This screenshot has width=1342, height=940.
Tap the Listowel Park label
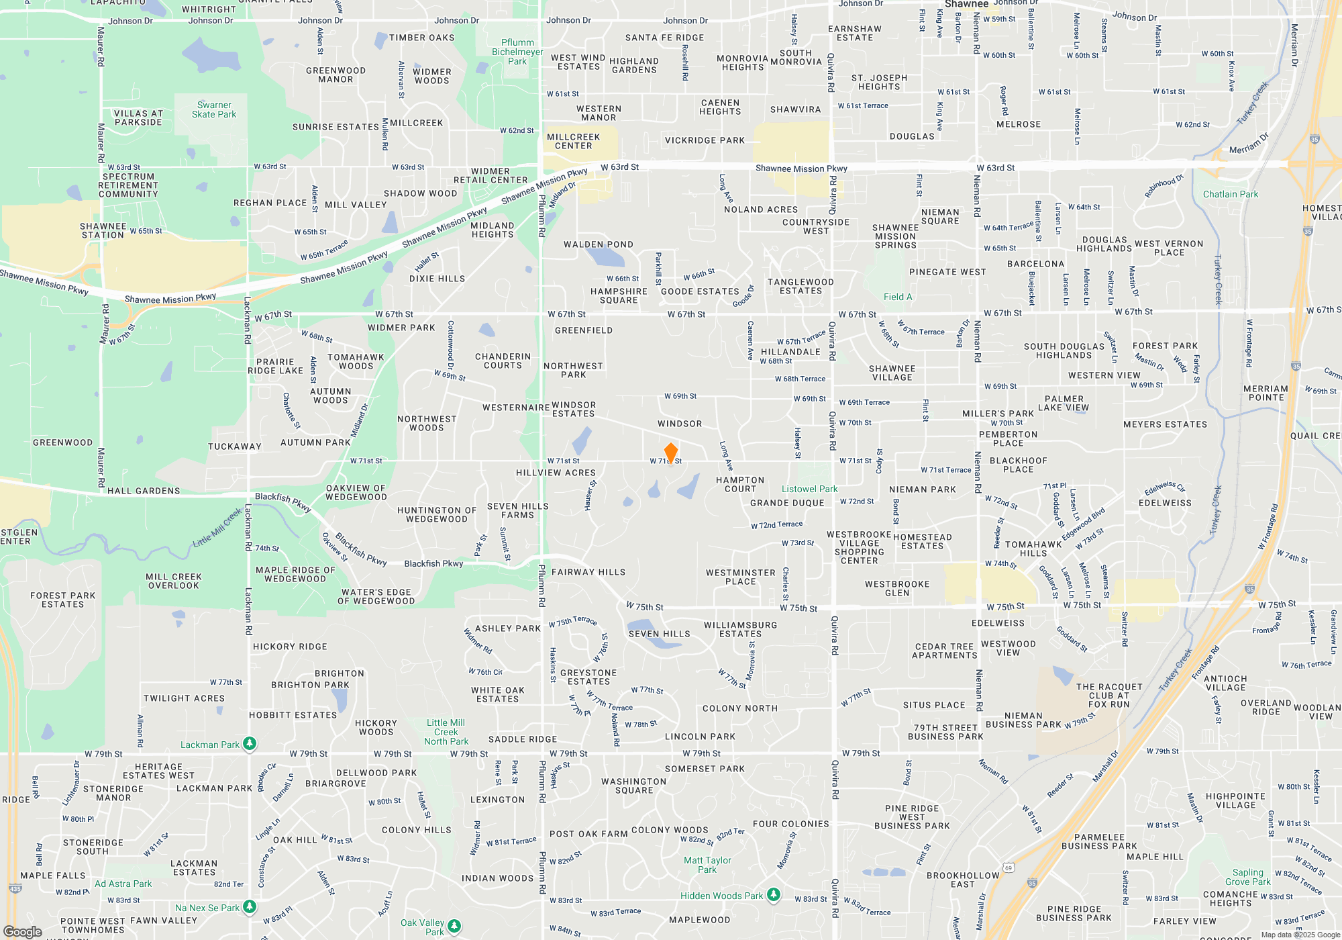[x=809, y=489]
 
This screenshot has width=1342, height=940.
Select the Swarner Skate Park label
[x=214, y=110]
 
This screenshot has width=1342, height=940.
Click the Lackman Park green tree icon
[x=250, y=743]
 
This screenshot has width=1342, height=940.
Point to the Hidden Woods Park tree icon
[x=774, y=894]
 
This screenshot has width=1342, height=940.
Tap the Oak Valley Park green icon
[x=454, y=926]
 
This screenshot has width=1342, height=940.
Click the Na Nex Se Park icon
[x=250, y=907]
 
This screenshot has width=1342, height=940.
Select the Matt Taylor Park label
[x=707, y=865]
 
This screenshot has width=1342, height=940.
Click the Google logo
[x=23, y=931]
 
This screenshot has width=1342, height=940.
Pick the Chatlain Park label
[x=1231, y=195]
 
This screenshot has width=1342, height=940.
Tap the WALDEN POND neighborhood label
[x=599, y=244]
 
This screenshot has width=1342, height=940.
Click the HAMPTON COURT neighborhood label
[x=740, y=484]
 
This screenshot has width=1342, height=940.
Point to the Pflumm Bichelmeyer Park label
[x=517, y=52]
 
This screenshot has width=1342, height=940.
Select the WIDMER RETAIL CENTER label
[x=491, y=176]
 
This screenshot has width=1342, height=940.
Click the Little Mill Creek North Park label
[x=446, y=732]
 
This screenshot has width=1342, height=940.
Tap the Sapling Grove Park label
[x=1247, y=877]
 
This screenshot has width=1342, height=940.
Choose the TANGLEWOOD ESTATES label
[x=801, y=287]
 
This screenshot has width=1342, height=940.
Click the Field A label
[x=898, y=297]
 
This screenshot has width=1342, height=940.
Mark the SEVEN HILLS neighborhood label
[x=659, y=634]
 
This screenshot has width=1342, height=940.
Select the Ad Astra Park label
[x=123, y=884]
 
